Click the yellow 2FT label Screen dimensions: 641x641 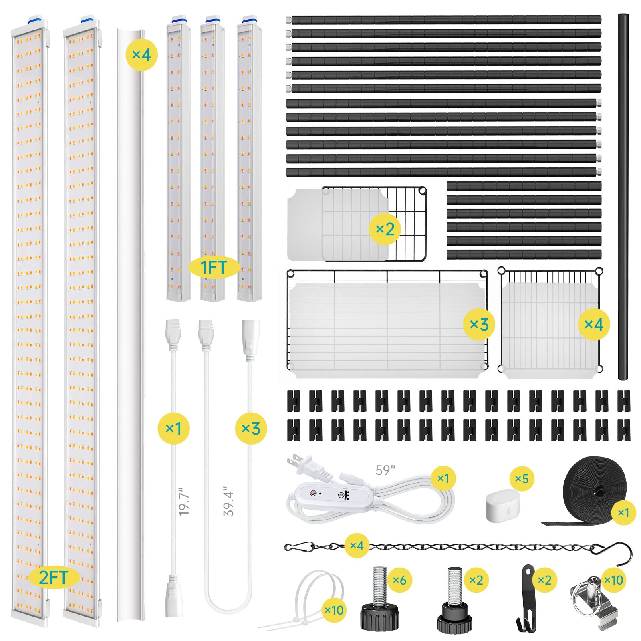(x=53, y=577)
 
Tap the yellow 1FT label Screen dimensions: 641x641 (x=214, y=267)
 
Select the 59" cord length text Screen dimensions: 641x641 (x=385, y=470)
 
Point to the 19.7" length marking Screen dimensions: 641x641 (x=184, y=501)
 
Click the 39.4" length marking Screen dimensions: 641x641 (x=228, y=501)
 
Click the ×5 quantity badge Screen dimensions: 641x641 (x=522, y=479)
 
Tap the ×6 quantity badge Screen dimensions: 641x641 (x=399, y=580)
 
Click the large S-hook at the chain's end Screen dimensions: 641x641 (x=619, y=552)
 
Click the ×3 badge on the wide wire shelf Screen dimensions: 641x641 (x=479, y=325)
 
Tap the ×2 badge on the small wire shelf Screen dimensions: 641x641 (x=385, y=229)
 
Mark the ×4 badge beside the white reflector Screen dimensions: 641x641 (x=142, y=54)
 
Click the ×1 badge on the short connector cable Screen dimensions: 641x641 (x=173, y=429)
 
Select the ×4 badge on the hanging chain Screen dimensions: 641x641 (x=357, y=545)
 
